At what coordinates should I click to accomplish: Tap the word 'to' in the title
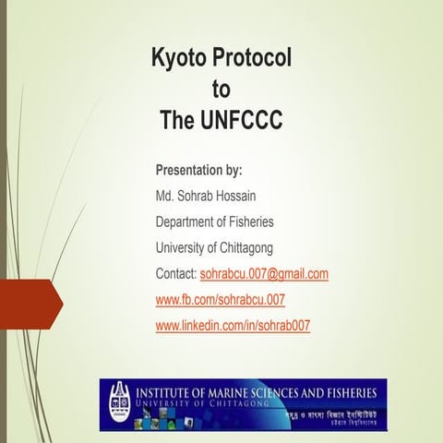221,90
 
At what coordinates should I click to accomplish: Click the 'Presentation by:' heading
198,171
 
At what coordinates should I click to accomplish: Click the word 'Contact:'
176,274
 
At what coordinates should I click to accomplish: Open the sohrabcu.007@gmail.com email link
264,274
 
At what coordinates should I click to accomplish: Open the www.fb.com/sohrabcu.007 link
221,300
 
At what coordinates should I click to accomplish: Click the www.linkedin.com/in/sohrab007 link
233,326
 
